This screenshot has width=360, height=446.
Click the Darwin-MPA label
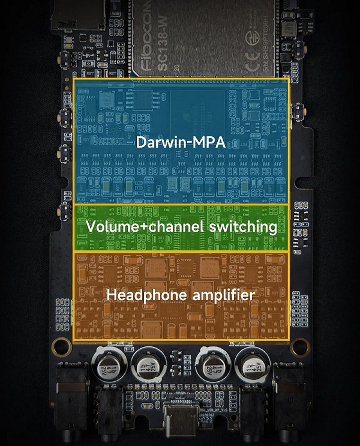pos(181,143)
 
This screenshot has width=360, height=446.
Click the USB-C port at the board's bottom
pos(179,421)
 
